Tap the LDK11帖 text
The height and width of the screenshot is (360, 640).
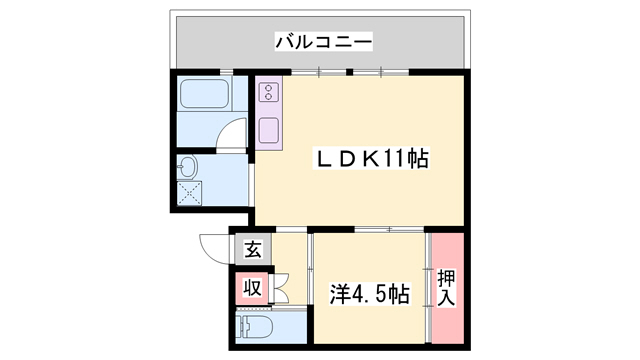click(x=361, y=159)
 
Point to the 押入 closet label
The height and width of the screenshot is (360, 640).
click(x=446, y=288)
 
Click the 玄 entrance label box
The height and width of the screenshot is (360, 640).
click(x=253, y=250)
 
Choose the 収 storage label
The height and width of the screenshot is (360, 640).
click(x=253, y=289)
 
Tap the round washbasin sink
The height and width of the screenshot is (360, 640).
click(x=189, y=165)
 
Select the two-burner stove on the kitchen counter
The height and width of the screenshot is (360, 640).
click(x=269, y=94)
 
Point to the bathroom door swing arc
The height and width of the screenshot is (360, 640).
click(x=233, y=135)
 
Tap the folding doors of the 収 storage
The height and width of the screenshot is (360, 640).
click(x=280, y=289)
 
